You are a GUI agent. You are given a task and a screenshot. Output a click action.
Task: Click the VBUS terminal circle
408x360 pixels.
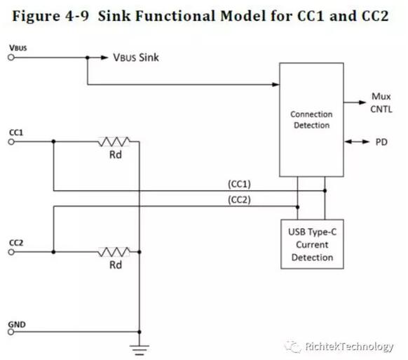tap(11, 58)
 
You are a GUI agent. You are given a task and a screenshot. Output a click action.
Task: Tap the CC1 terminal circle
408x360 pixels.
tap(11, 142)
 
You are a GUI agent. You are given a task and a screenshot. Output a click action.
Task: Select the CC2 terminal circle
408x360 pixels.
tap(11, 252)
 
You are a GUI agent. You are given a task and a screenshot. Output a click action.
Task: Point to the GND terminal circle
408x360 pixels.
tap(11, 332)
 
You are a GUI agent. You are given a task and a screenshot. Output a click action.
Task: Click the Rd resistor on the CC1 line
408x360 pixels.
tap(114, 142)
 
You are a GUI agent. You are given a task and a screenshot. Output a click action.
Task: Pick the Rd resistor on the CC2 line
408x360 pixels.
tap(114, 252)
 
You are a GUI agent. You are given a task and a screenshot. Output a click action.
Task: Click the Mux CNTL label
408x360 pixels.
tap(381, 102)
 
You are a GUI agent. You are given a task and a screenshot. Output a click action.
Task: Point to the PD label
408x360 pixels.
tap(381, 142)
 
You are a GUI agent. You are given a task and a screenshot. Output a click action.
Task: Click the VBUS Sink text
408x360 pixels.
tap(136, 58)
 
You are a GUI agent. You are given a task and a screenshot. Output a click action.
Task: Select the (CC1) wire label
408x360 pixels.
tap(239, 184)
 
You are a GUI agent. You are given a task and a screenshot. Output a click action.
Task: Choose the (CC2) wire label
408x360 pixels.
tap(239, 200)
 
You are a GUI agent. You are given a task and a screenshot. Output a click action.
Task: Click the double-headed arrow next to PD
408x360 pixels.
tap(357, 142)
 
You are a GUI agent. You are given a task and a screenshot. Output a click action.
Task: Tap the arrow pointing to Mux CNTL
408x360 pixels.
tap(355, 102)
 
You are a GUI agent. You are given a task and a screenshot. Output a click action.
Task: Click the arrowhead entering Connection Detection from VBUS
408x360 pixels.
tap(276, 84)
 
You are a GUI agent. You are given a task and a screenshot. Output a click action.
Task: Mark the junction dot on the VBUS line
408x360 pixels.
tap(88, 58)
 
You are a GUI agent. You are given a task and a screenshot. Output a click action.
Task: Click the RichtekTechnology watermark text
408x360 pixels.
tap(349, 347)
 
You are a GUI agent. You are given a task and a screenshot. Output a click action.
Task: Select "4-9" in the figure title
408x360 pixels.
tap(77, 16)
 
